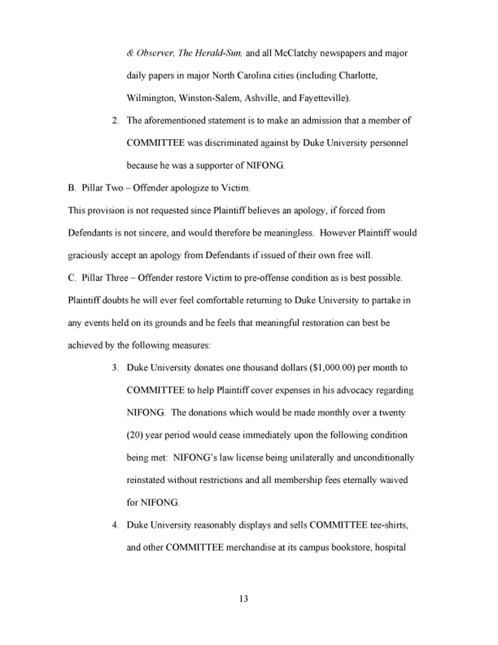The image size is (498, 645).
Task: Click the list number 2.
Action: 115,120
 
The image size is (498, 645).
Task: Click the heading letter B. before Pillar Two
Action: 71,188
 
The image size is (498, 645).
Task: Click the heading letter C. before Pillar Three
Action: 71,277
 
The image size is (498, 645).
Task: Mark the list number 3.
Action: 115,368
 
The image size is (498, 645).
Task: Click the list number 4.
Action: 115,525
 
